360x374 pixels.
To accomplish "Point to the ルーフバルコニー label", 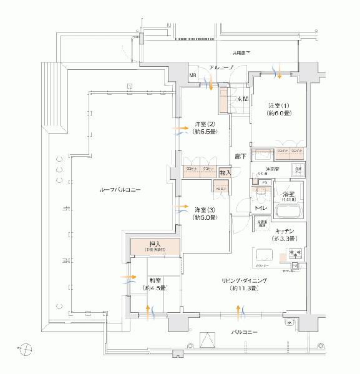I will coord(119,189).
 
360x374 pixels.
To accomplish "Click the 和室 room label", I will coord(156,280).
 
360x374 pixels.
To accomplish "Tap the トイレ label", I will coord(261,207).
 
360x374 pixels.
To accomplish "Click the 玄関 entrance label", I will coord(242,98).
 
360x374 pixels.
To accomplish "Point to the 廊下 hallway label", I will coord(240,155).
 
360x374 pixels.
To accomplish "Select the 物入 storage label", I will coord(225,172).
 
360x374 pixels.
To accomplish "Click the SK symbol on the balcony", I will coord(289,322).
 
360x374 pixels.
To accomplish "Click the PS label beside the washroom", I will coord(264,182).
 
